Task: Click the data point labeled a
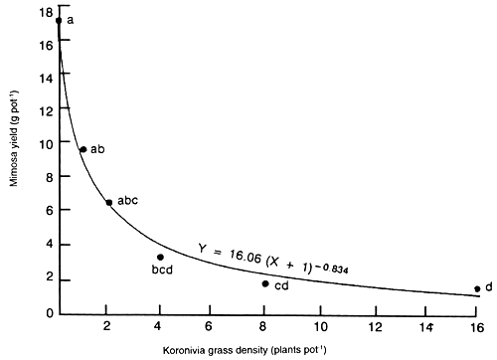tap(59, 20)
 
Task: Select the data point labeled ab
tap(83, 149)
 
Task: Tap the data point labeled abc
tap(108, 203)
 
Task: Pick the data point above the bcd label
tap(160, 257)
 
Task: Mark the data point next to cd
tap(265, 283)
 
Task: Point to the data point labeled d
tap(477, 289)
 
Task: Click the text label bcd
tap(162, 270)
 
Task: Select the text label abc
tap(127, 201)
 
